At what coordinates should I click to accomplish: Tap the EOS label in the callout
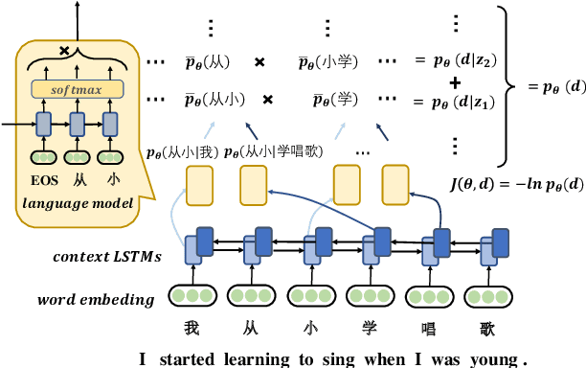click(43, 178)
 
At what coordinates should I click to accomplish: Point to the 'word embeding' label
click(97, 299)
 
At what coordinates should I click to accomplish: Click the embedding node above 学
click(369, 296)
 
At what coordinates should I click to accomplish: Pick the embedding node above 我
click(192, 296)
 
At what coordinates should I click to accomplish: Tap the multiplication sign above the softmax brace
click(64, 50)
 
